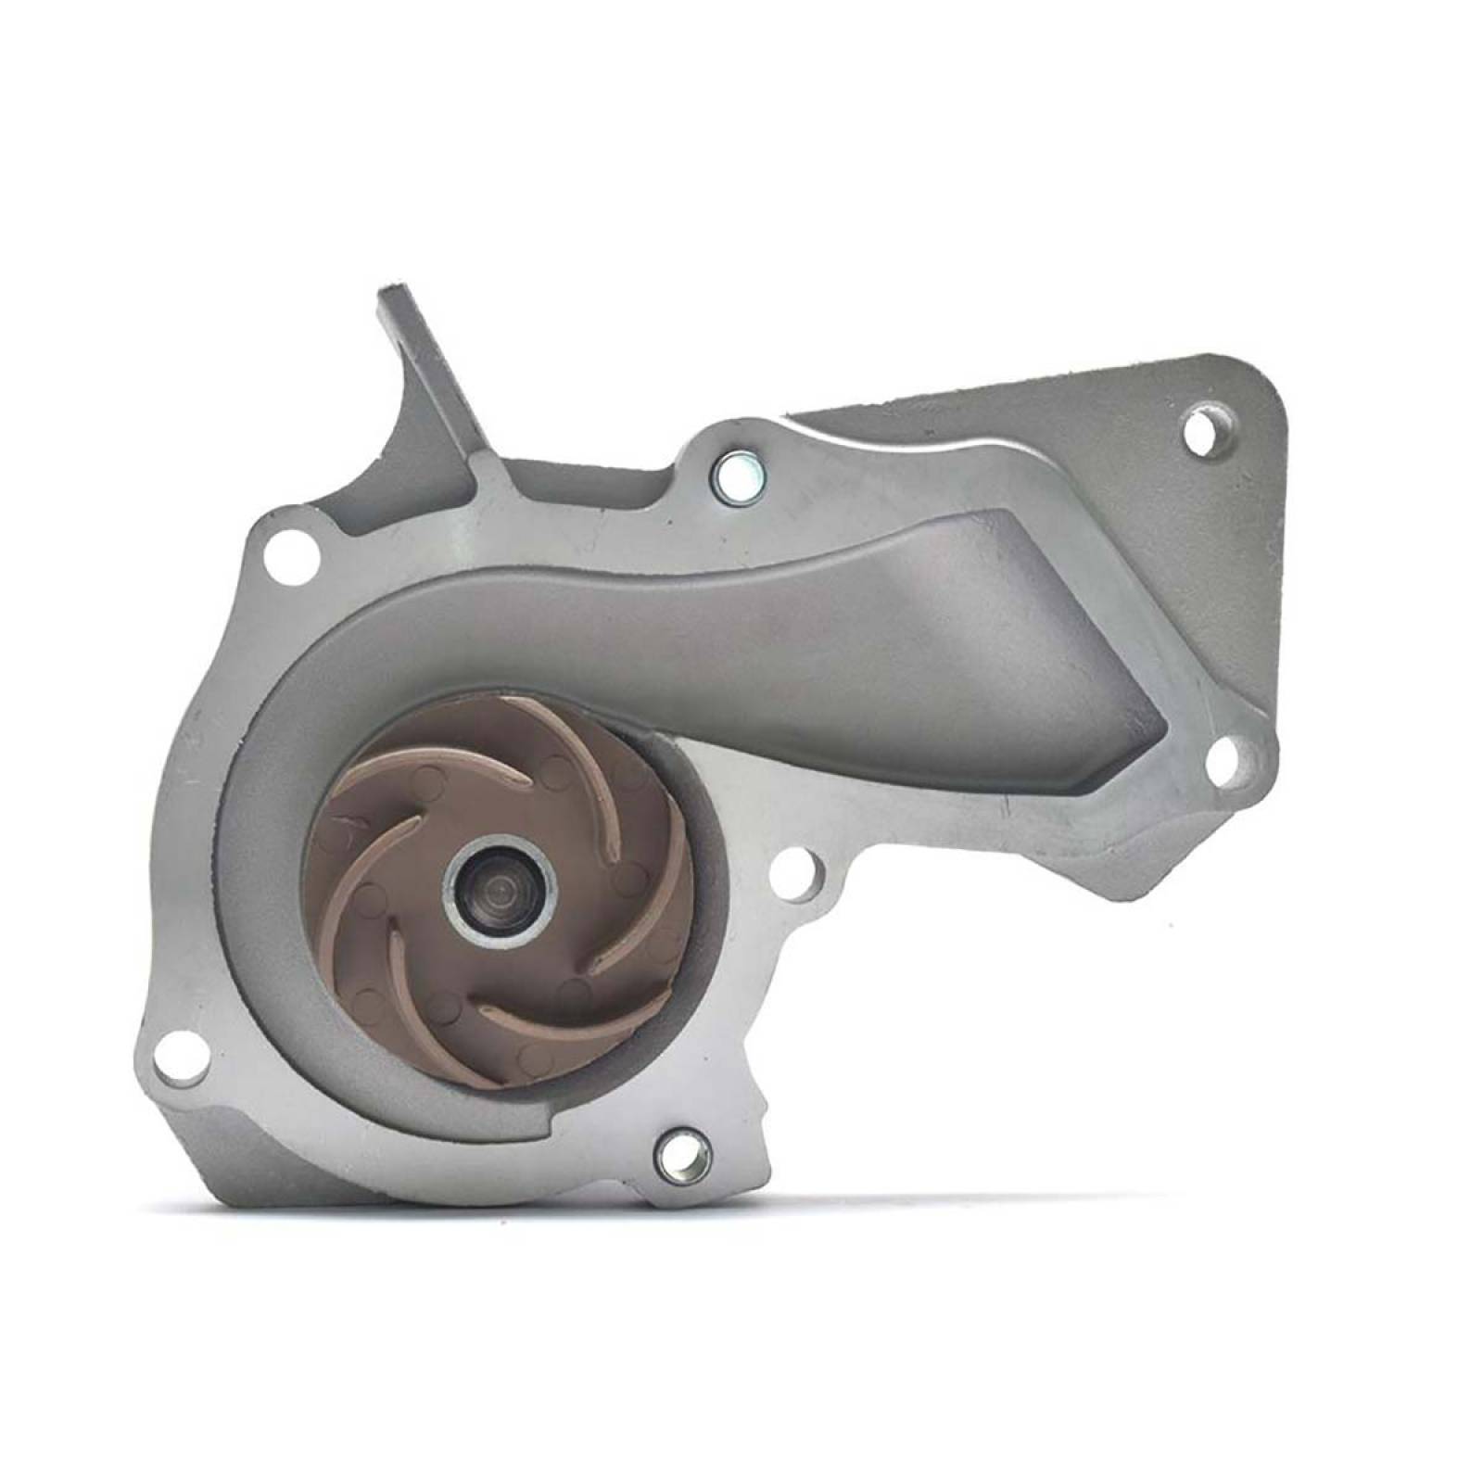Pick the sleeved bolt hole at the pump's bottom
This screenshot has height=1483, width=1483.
click(683, 1153)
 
